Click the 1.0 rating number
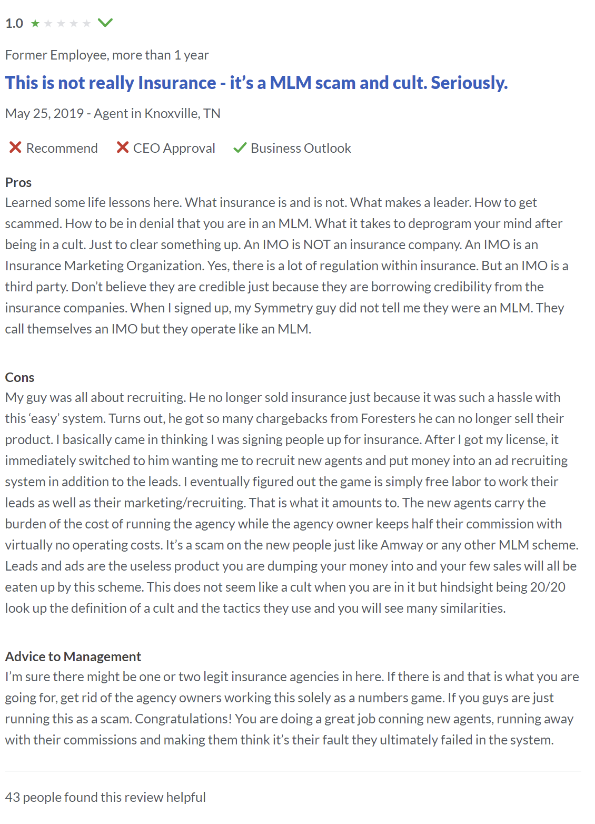(x=14, y=24)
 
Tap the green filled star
(x=35, y=23)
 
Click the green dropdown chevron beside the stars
(x=105, y=23)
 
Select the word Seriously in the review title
(x=469, y=83)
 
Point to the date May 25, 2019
(x=44, y=113)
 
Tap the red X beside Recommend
(x=15, y=148)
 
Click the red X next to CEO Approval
(x=123, y=148)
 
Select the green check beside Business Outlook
(x=240, y=148)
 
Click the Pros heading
(x=18, y=182)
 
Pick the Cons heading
(x=19, y=377)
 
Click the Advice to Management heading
(x=73, y=656)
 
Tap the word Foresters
(x=388, y=418)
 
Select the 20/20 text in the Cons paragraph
(x=548, y=587)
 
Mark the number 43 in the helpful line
(x=13, y=797)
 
